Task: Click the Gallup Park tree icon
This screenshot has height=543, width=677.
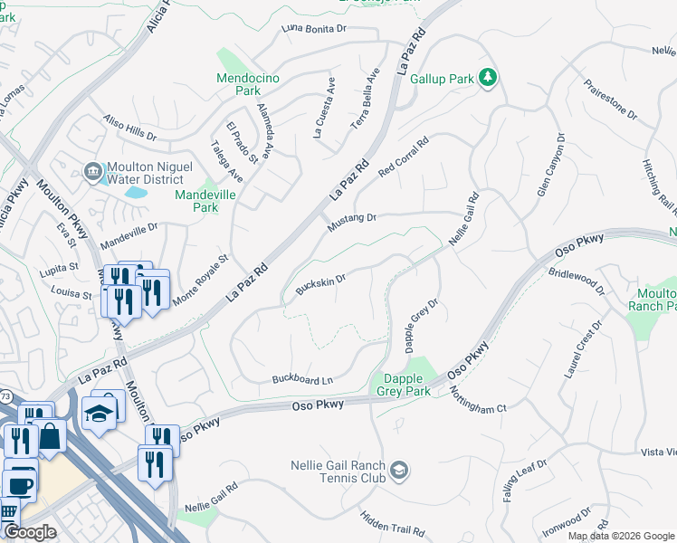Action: (488, 78)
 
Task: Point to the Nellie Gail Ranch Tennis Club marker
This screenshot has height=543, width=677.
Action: (399, 471)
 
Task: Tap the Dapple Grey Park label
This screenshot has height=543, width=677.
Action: (405, 385)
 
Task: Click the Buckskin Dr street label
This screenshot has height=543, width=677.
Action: (321, 284)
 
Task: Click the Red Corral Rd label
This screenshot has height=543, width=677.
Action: (403, 156)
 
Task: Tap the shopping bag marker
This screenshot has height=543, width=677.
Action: (50, 436)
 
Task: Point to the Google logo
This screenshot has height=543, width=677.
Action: (30, 532)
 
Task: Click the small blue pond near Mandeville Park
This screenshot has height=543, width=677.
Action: (137, 192)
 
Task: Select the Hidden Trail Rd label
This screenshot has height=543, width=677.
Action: (392, 524)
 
